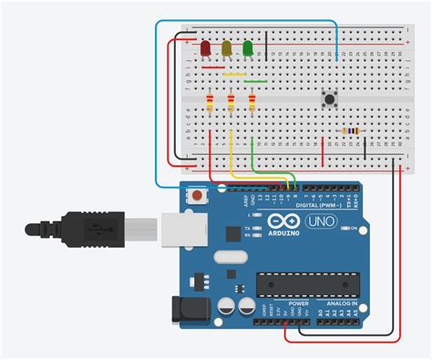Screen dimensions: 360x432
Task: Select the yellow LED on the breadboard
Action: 227,47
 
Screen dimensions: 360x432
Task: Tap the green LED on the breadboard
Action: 248,47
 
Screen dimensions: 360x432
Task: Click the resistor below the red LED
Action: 211,103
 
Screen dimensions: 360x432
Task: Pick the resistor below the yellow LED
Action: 231,103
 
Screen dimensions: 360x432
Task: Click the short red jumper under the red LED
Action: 212,67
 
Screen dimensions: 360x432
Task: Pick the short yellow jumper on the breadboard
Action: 234,74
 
